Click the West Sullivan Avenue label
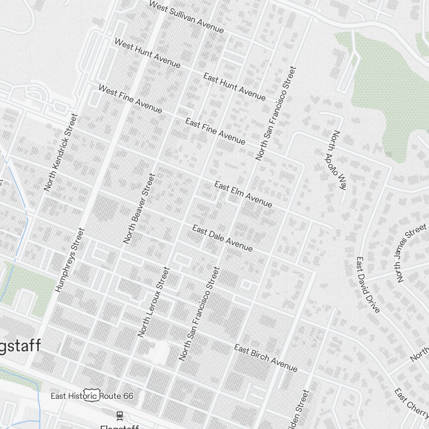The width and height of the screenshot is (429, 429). pos(186,17)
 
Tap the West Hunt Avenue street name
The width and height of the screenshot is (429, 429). pos(147,53)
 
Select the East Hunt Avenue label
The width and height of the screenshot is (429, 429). pos(234,87)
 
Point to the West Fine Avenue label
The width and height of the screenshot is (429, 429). pos(130,99)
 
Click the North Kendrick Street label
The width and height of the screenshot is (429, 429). pos(61,152)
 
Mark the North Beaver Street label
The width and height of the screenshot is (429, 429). pos(139,208)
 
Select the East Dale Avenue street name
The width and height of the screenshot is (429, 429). pos(222,238)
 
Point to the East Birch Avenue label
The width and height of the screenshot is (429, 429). pos(266,358)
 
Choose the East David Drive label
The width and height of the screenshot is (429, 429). pos(368,285)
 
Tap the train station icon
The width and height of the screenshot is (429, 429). pos(119,415)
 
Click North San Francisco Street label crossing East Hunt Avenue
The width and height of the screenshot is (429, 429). pos(276,113)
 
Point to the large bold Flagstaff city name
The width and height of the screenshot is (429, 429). pos(20,346)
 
